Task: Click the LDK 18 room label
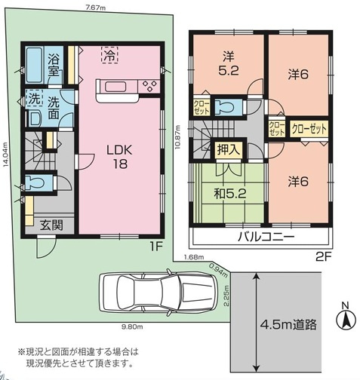click(119, 157)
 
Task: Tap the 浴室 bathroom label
click(54, 65)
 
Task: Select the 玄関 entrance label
click(51, 225)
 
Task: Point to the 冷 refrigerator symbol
click(109, 55)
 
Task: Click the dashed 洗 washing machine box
click(35, 98)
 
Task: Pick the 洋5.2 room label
click(228, 63)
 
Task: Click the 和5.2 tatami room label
click(230, 194)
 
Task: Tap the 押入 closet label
click(228, 149)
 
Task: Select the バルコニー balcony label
click(266, 237)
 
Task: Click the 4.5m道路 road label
click(288, 324)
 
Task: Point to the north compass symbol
click(346, 318)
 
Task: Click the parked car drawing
click(158, 292)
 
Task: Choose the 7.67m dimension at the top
click(95, 8)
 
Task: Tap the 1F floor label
click(157, 247)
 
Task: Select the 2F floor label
click(323, 257)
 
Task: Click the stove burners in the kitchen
click(149, 86)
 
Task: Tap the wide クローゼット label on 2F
click(309, 130)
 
